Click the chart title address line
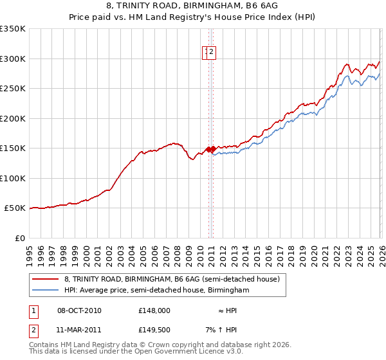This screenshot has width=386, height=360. click(193, 6)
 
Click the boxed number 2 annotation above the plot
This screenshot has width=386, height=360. click(211, 53)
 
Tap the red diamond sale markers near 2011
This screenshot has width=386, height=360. click(211, 149)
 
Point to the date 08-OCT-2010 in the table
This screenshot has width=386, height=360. click(79, 310)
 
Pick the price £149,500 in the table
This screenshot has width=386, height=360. click(154, 330)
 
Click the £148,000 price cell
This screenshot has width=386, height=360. click(154, 310)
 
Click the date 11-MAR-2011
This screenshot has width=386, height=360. click(79, 330)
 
